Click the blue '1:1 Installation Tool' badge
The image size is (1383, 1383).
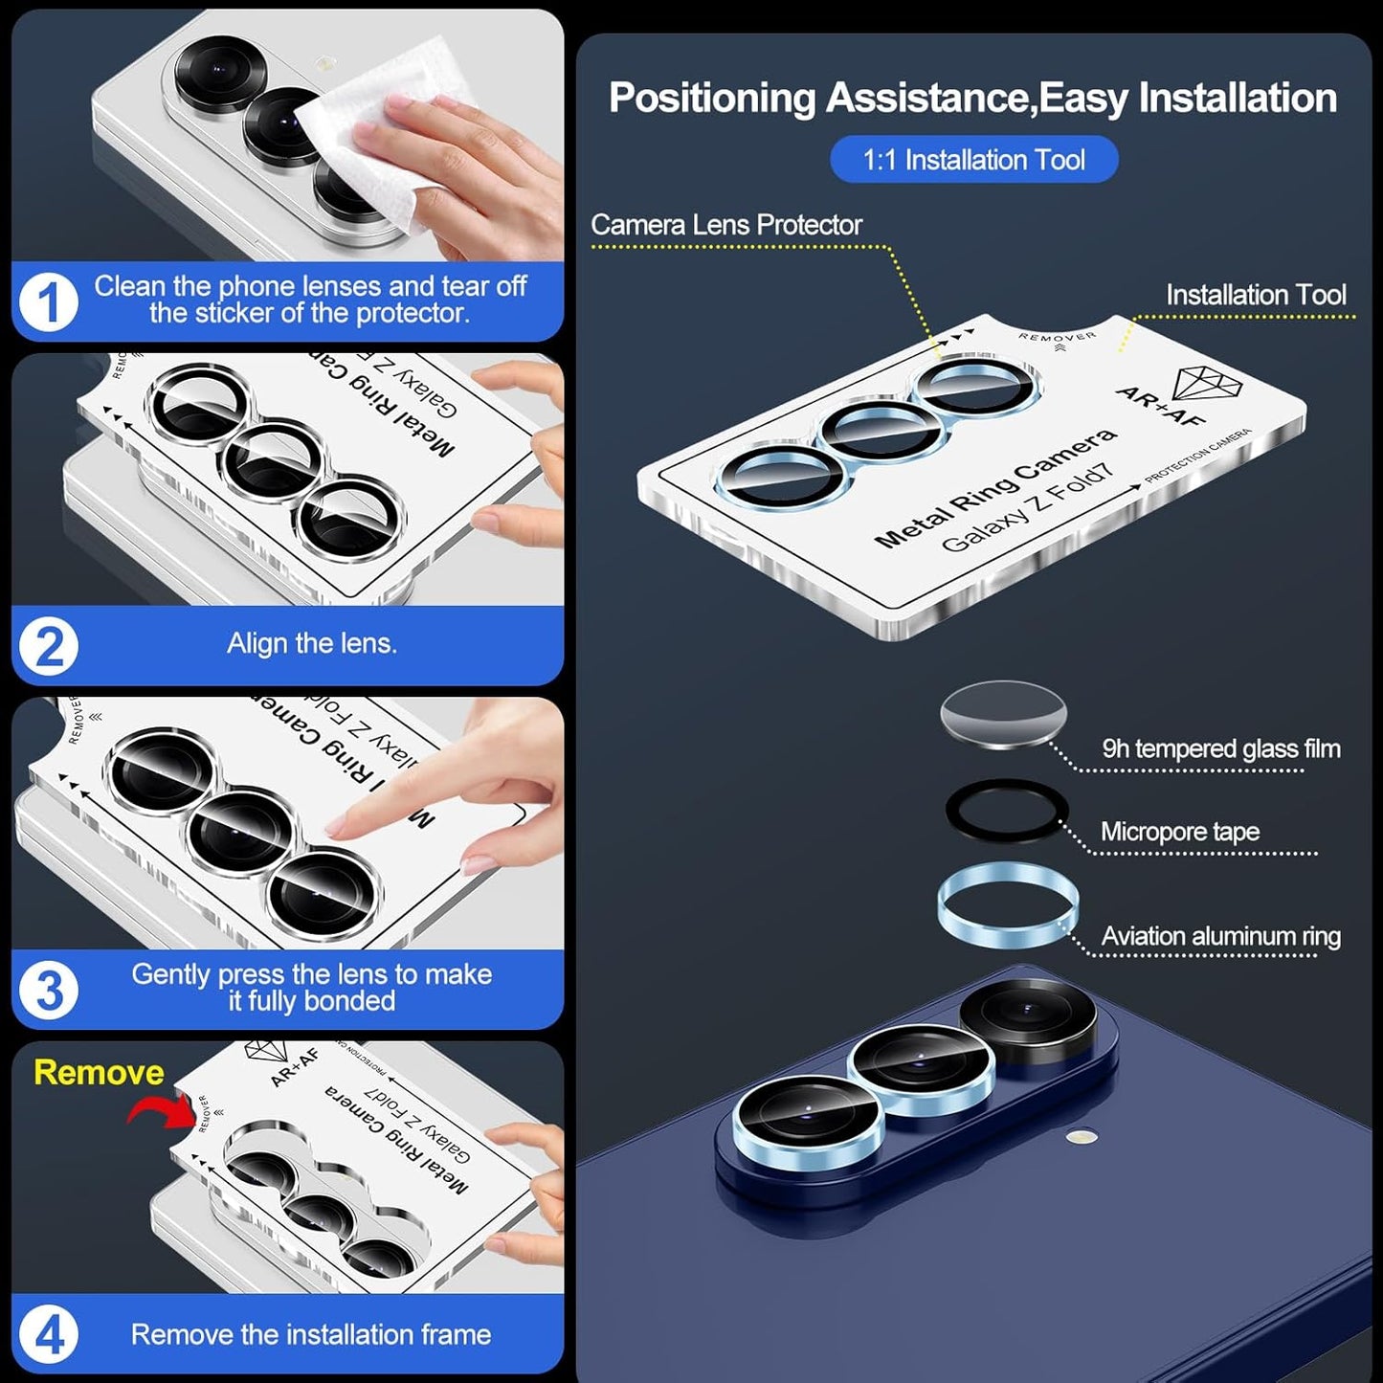[973, 159]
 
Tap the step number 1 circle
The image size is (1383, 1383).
[48, 302]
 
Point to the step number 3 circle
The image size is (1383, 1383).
[48, 990]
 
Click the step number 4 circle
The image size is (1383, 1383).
[48, 1334]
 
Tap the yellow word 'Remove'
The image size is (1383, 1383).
[99, 1072]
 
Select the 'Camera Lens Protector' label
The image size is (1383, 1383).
[725, 225]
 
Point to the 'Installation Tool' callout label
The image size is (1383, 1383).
[1255, 295]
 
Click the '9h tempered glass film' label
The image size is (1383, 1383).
[1220, 748]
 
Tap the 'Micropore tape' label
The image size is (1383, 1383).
[1179, 832]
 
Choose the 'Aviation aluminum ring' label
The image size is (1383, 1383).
[1220, 936]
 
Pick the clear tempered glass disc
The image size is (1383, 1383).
[1003, 713]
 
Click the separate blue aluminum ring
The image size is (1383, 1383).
[1008, 905]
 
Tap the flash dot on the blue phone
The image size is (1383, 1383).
[1082, 1137]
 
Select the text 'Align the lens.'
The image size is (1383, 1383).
[311, 643]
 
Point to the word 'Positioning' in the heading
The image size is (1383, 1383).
[711, 98]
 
